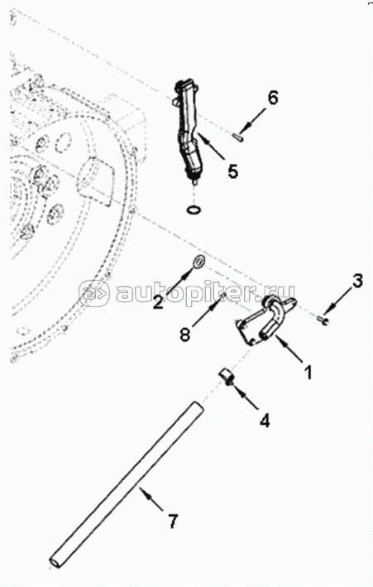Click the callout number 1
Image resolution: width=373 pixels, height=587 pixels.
[x=308, y=372]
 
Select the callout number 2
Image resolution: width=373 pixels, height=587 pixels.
[x=158, y=301]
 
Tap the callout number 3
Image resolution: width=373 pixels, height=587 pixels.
[x=357, y=281]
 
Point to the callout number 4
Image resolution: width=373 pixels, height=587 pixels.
[x=264, y=421]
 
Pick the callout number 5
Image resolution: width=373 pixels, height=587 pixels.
[x=232, y=171]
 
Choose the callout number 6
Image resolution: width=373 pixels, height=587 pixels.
[x=273, y=98]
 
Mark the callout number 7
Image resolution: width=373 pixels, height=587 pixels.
[x=173, y=521]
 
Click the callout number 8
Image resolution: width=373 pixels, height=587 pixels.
[x=184, y=334]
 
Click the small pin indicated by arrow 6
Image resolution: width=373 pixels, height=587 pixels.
[x=237, y=137]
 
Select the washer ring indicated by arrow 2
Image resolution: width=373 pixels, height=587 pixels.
[x=198, y=262]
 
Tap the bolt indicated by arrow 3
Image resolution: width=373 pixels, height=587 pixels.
[x=322, y=319]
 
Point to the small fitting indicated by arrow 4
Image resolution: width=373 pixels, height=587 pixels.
[x=226, y=376]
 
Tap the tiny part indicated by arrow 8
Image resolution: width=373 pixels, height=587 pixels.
[x=223, y=296]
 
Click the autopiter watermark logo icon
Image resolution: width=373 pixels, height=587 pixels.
[x=93, y=293]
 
